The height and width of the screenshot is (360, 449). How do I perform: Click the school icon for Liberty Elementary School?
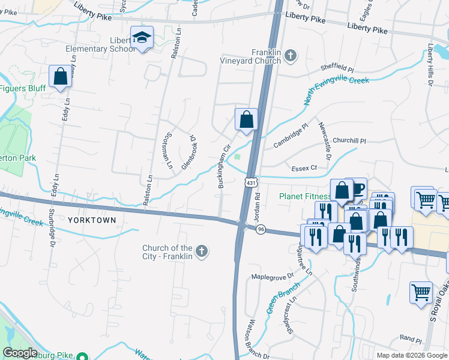click(142, 38)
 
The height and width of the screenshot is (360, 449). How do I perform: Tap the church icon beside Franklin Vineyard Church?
click(291, 56)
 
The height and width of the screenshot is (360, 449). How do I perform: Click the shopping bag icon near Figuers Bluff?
click(59, 77)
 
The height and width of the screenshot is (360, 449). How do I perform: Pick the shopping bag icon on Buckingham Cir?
click(246, 119)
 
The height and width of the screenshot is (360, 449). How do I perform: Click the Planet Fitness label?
click(305, 196)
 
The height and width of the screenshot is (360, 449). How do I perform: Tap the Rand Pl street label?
click(411, 339)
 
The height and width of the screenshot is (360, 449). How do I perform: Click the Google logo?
click(19, 353)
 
